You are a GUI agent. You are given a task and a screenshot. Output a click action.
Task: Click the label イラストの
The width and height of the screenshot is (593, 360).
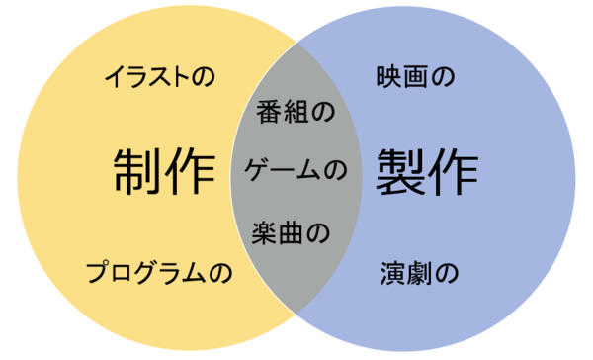pyautogui.click(x=160, y=76)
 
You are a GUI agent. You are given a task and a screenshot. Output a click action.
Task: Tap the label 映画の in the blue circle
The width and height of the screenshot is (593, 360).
pyautogui.click(x=416, y=75)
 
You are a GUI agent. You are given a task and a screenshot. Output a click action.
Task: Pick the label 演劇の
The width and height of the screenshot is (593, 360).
pyautogui.click(x=417, y=273)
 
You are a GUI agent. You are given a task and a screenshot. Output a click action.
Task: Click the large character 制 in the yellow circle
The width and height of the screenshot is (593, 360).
pyautogui.click(x=136, y=172)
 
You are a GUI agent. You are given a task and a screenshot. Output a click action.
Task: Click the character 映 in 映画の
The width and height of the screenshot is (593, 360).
pyautogui.click(x=390, y=75)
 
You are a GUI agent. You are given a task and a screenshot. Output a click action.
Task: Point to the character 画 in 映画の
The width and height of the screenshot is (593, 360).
pyautogui.click(x=416, y=75)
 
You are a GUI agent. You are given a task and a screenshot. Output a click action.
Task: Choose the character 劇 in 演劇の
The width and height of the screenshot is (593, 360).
pyautogui.click(x=417, y=273)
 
